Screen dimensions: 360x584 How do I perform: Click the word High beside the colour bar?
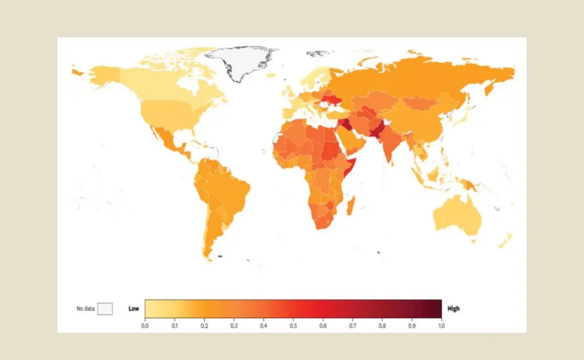tap(453, 309)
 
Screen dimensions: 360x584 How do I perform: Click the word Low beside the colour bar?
tap(133, 309)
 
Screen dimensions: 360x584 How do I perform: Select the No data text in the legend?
tap(85, 309)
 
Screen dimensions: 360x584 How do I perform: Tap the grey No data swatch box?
tap(105, 309)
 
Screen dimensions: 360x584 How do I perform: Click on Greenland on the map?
tap(240, 60)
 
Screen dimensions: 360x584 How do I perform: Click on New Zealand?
tap(505, 240)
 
